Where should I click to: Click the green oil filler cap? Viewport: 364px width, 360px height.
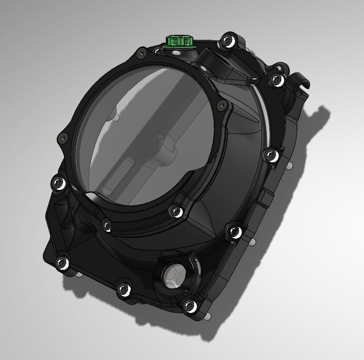pos(179,42)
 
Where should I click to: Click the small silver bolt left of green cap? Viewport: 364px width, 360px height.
pos(158,51)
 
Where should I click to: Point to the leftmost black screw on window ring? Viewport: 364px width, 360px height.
pos(63,138)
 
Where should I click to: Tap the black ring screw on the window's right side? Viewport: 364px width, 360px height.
pos(221,105)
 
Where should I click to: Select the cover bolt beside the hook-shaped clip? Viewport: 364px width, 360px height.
pos(276,79)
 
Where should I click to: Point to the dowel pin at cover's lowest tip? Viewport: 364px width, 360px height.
pos(207,317)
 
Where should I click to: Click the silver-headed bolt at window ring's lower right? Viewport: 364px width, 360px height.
pos(175,211)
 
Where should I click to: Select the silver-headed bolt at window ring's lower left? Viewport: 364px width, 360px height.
pos(106,224)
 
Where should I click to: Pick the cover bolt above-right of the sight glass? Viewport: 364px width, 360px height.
pos(233,231)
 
